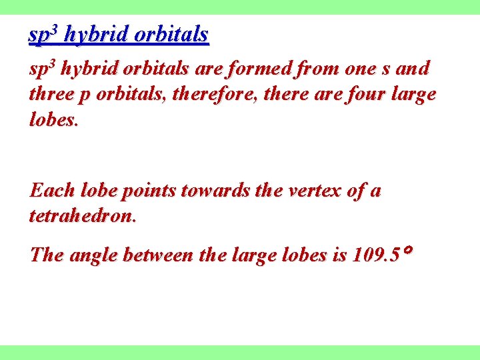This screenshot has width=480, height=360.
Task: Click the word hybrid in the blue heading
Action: click(96, 35)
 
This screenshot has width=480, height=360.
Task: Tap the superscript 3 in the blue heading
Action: click(56, 29)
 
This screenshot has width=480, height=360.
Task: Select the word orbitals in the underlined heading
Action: click(171, 35)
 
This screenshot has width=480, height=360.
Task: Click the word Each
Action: click(49, 191)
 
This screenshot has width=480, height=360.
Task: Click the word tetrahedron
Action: click(82, 216)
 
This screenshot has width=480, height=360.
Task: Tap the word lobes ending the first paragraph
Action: click(53, 119)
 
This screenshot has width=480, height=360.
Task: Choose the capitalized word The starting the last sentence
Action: click(47, 255)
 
